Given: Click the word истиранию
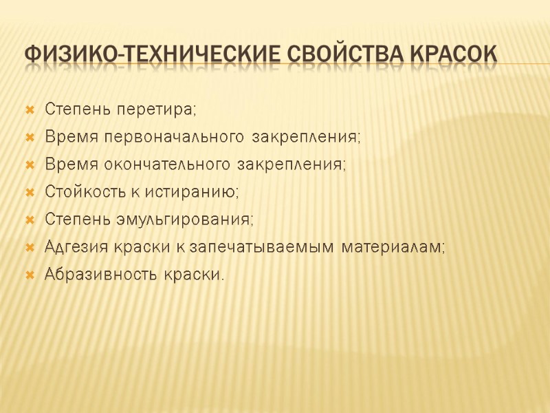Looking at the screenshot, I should pos(206,192).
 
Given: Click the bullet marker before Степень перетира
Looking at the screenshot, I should pos(30,110).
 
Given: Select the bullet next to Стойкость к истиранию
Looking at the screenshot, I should pos(30,193).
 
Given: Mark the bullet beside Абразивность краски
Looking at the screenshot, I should pos(30,275).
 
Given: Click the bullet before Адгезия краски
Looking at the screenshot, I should pos(30,248).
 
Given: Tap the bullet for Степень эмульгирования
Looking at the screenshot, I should pos(30,220).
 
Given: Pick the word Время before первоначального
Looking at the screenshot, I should pos(72,137).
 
